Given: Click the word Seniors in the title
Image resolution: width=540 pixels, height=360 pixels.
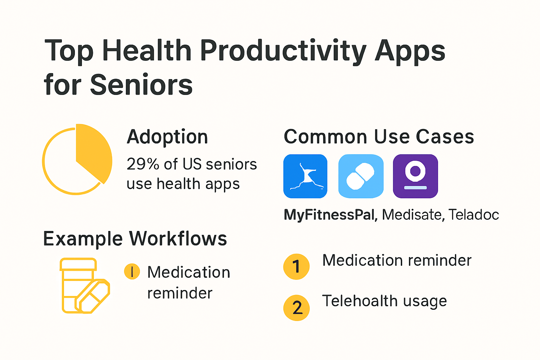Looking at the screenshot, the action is click(141, 85).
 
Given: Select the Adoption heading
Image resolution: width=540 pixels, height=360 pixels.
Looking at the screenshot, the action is click(167, 137).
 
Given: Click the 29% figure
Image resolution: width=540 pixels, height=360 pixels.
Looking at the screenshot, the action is click(143, 164).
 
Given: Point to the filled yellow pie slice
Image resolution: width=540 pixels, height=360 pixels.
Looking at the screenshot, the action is click(93, 152).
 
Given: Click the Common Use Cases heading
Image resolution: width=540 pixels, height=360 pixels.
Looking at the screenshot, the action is click(379, 137).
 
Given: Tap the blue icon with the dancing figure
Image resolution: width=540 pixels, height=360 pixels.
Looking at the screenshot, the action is click(305, 176).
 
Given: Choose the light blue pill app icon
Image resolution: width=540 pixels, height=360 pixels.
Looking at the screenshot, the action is click(361, 176).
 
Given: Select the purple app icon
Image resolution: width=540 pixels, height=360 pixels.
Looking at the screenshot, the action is click(415, 176).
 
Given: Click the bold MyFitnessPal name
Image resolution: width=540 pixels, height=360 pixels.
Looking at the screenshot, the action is click(329, 214).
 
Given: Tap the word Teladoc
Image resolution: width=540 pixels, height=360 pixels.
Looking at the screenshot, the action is click(474, 214).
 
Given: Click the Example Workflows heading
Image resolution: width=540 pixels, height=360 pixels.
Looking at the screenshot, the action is click(135, 239).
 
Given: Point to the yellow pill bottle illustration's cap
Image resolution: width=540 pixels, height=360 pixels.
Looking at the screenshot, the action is click(78, 264).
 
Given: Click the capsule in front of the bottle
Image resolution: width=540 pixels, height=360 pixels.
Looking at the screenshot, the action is click(92, 296).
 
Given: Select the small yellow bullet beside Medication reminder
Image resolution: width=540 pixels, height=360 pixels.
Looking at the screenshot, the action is click(132, 271).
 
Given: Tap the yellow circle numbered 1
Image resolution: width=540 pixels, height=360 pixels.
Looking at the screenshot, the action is click(296, 267).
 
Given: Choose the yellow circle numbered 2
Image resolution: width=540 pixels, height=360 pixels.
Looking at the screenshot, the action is click(296, 308).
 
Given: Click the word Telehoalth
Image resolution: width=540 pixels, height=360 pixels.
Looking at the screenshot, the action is click(360, 301).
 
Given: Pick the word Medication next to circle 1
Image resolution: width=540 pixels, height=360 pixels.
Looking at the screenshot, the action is click(363, 261).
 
